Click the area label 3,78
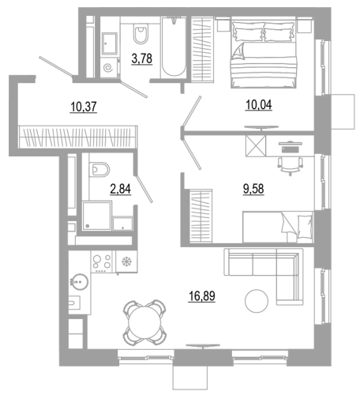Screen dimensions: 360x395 (x=142, y=58)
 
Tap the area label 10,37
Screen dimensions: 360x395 (x=84, y=107)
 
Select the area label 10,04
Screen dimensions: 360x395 (x=258, y=105)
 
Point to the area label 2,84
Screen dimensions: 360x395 (x=120, y=189)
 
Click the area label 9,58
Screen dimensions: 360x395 (x=253, y=189)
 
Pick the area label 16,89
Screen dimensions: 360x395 (x=202, y=296)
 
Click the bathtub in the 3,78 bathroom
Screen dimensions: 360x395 (x=173, y=47)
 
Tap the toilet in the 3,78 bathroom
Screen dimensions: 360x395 (x=141, y=33)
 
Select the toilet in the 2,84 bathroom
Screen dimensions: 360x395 (x=99, y=169)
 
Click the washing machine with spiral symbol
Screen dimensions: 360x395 (x=110, y=66)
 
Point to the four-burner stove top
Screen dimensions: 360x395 (x=101, y=261)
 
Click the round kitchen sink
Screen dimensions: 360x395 (x=79, y=282)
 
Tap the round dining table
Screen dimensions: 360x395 (x=144, y=323)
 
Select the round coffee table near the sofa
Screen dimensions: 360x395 (x=257, y=301)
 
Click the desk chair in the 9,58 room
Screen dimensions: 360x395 (x=290, y=165)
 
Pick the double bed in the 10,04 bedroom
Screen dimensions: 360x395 (x=264, y=55)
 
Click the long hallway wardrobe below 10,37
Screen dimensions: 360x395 (x=78, y=137)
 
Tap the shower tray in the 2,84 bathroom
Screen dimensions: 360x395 (x=97, y=216)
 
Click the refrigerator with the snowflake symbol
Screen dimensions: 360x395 (x=126, y=261)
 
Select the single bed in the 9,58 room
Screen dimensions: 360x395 (x=278, y=227)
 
